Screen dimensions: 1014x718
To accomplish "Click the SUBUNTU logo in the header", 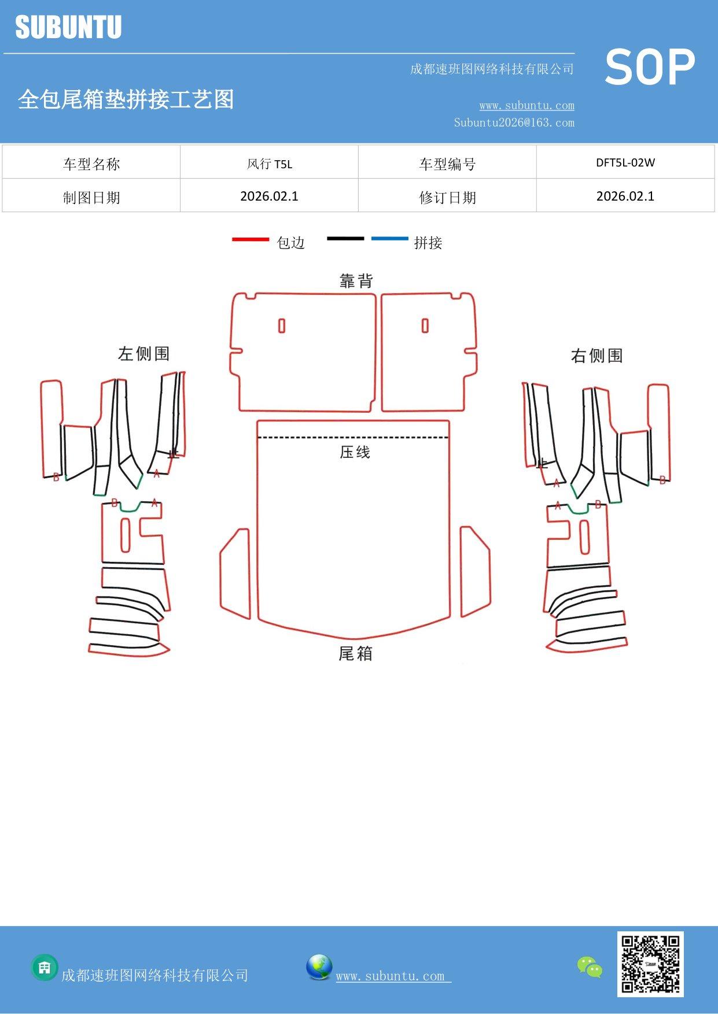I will coord(68,27).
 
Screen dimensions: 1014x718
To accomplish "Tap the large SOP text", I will coord(650,68).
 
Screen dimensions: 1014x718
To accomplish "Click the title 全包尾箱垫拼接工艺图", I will coord(126,99).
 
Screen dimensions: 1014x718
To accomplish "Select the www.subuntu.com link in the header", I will coord(526,105).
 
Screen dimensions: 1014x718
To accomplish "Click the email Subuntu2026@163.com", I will coord(514,123).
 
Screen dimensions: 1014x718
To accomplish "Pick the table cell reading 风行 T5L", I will coord(269,164).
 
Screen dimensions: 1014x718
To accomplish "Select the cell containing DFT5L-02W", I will coord(625,162).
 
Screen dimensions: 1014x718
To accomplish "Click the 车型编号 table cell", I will coord(447,164).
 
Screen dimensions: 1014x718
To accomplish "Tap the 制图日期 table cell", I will coord(91,198).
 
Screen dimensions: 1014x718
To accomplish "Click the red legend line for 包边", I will coord(251,239).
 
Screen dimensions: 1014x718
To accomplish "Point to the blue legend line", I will coord(389,238).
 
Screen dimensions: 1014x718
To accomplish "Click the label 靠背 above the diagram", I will coord(356,282).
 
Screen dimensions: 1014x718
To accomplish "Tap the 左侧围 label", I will coord(143,354).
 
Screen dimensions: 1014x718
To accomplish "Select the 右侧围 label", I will coord(597,356).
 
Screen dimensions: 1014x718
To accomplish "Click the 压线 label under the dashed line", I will coord(355,452).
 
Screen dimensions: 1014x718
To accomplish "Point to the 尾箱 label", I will coord(355,654).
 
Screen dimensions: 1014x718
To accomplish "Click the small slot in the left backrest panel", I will coord(282,326).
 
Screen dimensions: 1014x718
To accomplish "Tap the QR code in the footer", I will coord(650,964).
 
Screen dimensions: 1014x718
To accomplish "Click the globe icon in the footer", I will coord(319,967).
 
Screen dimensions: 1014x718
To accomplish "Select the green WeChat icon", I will coord(590,967).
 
